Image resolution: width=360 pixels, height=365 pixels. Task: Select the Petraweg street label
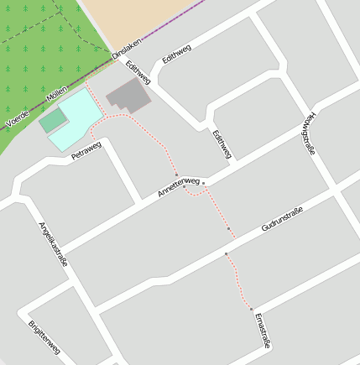86,150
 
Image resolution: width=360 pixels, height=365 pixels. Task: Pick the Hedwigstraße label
309,133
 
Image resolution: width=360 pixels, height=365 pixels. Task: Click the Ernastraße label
260,331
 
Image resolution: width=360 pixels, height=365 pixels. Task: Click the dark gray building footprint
129,96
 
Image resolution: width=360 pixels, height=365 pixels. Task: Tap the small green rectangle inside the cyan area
53,121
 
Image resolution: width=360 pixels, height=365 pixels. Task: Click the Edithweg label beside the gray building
138,71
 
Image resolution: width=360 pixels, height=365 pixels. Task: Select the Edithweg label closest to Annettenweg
222,144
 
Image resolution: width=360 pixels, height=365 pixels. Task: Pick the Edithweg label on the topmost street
178,55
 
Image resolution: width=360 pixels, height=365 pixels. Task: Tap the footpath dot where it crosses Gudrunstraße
226,253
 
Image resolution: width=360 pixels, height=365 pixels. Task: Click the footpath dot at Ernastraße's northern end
251,310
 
